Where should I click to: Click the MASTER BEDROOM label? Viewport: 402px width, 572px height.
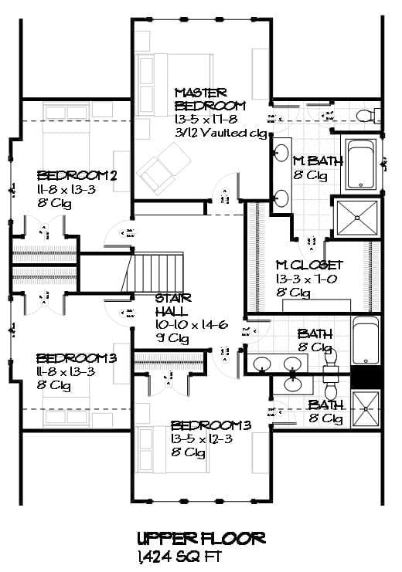pos(210,99)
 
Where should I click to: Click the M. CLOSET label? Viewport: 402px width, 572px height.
pos(309,265)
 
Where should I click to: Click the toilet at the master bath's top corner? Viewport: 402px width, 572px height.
pos(366,116)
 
